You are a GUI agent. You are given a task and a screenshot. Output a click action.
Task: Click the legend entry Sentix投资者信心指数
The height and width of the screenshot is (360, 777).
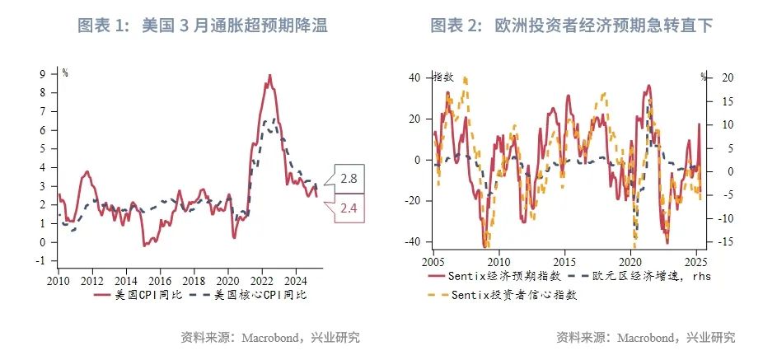tap(510, 294)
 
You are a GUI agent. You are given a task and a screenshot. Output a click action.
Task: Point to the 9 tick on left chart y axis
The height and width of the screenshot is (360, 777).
tap(52, 73)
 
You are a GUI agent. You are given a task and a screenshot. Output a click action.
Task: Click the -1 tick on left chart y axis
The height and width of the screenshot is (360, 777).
tap(49, 261)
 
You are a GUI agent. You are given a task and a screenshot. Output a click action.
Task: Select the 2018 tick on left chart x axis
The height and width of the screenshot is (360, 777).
tap(194, 278)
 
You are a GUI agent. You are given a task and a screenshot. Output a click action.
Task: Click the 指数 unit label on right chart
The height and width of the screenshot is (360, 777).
tap(444, 77)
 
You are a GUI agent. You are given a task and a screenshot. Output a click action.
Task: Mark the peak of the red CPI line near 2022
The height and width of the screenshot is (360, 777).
tap(269, 75)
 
